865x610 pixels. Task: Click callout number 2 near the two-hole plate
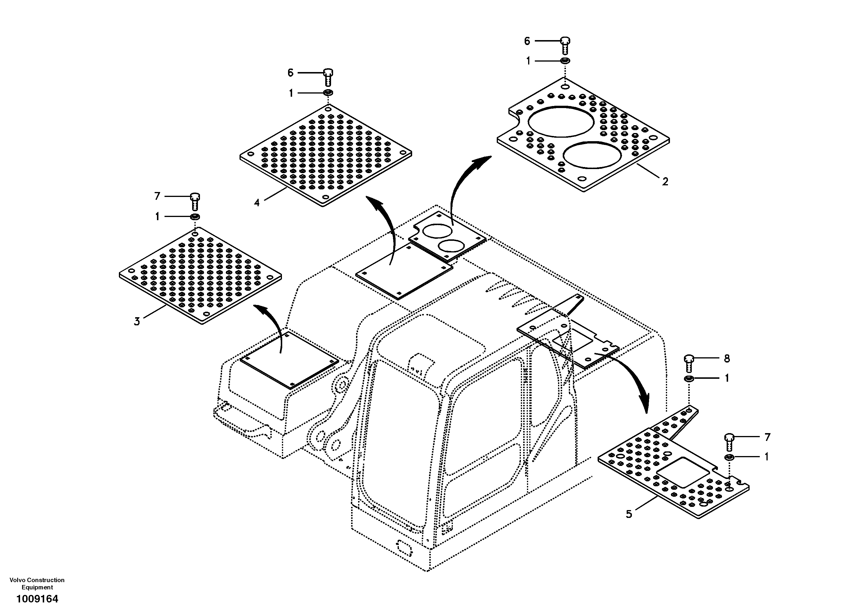pos(665,182)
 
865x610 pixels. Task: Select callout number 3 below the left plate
pos(137,322)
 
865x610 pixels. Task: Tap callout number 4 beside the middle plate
pos(257,202)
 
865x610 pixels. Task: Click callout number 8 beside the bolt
pos(727,358)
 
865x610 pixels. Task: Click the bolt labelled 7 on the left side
pos(195,201)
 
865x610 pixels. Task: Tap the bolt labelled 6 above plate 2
pos(565,46)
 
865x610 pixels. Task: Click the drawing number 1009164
pos(37,598)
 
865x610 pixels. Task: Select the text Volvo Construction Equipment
pos(37,583)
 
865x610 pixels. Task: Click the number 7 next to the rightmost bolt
pos(767,437)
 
